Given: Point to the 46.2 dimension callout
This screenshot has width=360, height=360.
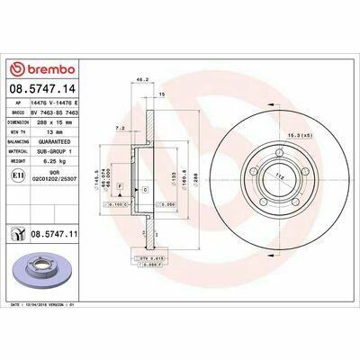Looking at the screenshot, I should point(141,81).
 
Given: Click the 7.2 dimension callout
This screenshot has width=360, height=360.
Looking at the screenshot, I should point(121,130).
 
